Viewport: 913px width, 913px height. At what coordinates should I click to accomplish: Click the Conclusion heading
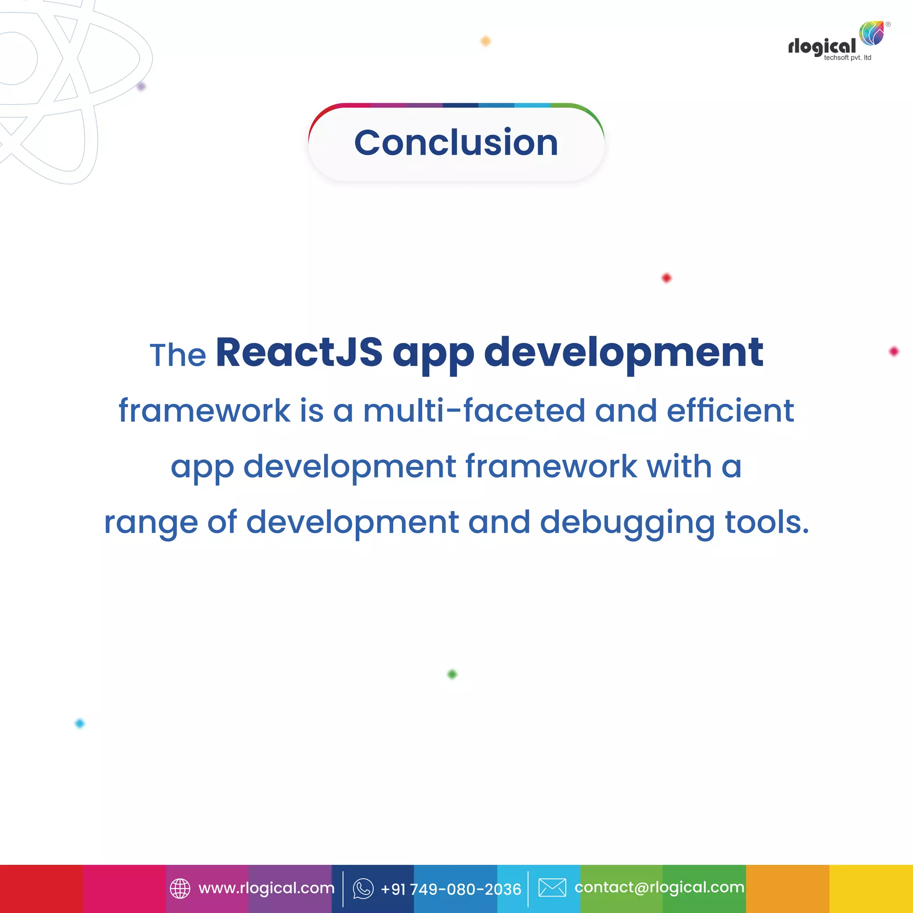coord(456,142)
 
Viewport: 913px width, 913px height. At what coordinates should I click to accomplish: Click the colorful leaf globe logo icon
coord(872,33)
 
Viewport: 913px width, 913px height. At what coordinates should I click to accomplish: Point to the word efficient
coord(730,410)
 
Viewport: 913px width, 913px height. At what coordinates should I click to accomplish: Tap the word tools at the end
coord(766,522)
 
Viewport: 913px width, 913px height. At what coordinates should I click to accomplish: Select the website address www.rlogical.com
coord(267,888)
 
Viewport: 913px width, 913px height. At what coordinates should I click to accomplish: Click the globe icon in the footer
coord(180,888)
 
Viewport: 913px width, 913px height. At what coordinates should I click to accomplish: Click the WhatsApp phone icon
coord(363,888)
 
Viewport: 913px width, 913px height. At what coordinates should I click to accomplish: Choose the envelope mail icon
coord(552,888)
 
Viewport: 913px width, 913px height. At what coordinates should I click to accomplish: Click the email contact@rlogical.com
coord(659,887)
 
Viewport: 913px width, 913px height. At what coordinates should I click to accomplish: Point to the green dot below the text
coord(452,674)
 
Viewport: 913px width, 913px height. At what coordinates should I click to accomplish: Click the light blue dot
coord(80,724)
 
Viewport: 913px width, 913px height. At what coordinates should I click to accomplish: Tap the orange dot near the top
coord(485,41)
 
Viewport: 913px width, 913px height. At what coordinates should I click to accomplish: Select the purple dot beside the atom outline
coord(141,86)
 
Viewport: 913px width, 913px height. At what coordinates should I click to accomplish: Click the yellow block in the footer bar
coord(871,889)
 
